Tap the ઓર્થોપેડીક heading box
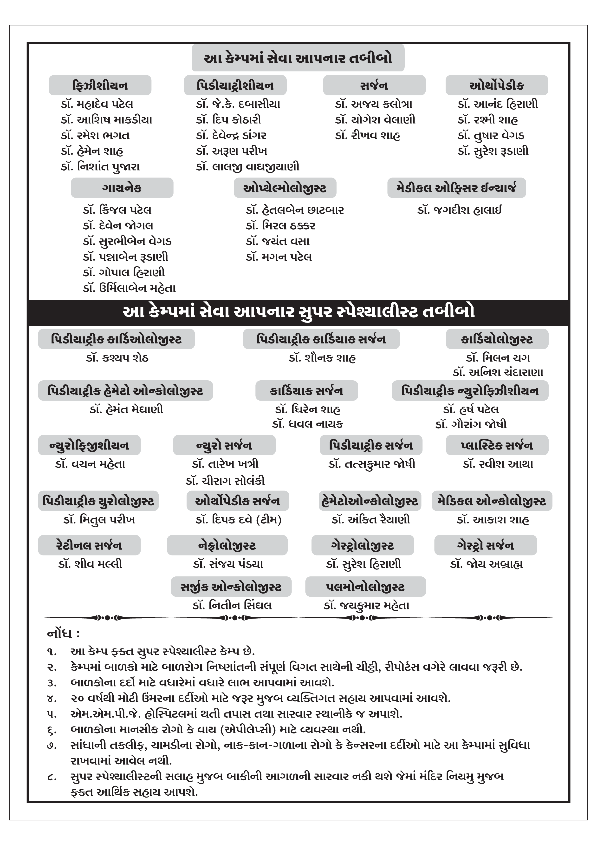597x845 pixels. (497, 85)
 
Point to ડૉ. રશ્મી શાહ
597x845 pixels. (488, 120)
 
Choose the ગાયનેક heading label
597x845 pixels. (122, 188)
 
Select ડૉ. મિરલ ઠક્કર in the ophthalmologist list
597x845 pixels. (280, 226)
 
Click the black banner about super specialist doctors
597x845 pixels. (298, 312)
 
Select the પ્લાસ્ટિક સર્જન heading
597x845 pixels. (497, 445)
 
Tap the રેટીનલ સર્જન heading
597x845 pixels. (89, 545)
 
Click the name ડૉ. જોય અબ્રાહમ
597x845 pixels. (486, 564)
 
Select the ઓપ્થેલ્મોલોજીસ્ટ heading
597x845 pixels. (285, 188)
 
